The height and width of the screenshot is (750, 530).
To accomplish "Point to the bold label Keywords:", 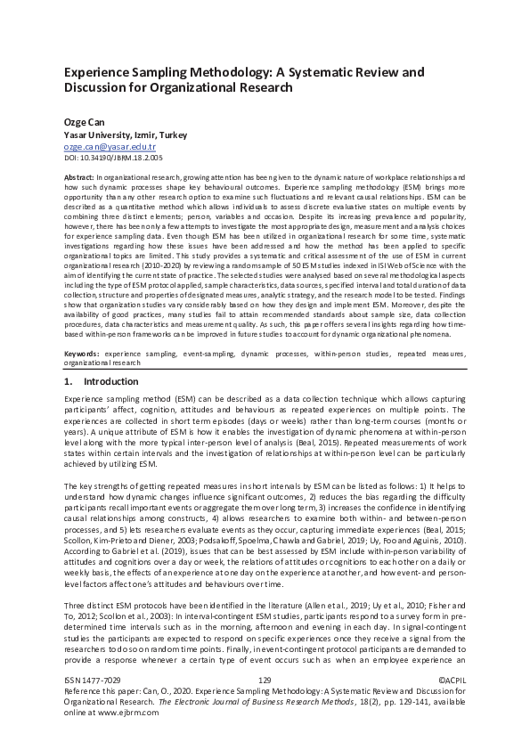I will (x=83, y=379).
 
